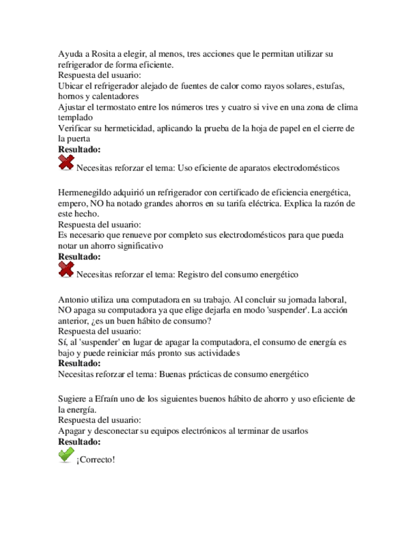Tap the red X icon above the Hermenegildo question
[x=66, y=163]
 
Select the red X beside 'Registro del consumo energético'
[x=66, y=270]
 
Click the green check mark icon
[x=66, y=455]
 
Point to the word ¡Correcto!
[x=96, y=459]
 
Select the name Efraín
[x=117, y=398]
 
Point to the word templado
[x=75, y=118]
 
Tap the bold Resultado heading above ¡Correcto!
[x=79, y=441]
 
